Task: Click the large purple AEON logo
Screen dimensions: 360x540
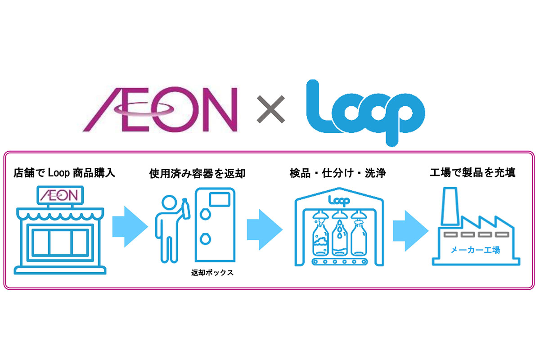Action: click(x=160, y=109)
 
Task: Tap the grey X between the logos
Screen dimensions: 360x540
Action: click(x=271, y=109)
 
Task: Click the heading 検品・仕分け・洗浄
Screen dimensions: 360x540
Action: click(x=338, y=173)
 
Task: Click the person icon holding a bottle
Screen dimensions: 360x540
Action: click(x=168, y=229)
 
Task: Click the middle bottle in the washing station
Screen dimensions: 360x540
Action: click(x=338, y=237)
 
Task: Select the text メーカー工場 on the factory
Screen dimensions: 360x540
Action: click(x=475, y=250)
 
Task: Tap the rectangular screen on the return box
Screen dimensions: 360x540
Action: click(x=220, y=198)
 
